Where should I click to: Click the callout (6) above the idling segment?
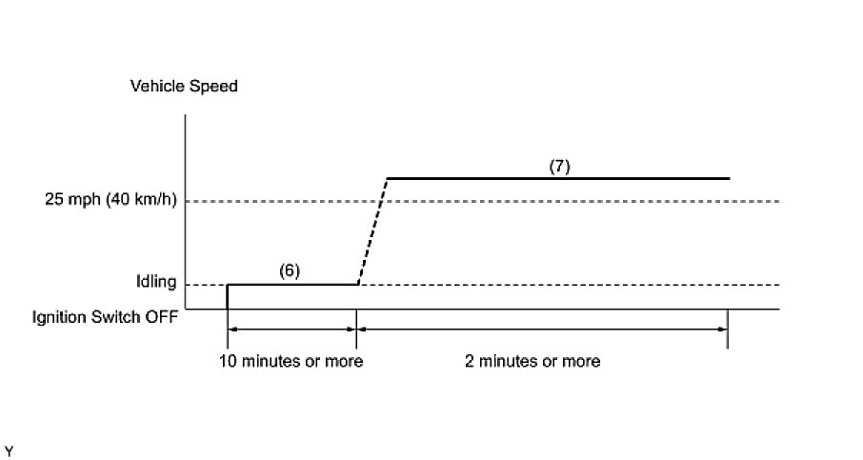coord(290,270)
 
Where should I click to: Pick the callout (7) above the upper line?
coord(559,165)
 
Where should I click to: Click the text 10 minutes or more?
coord(291,361)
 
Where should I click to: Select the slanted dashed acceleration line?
coord(372,231)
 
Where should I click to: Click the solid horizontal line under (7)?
coord(558,178)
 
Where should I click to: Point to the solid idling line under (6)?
coord(291,284)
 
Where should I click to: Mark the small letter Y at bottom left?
coord(9,449)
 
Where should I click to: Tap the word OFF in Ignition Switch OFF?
coord(160,317)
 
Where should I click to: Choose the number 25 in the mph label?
coord(53,201)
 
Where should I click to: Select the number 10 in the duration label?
coord(227,361)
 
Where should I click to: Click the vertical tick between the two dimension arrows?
coord(356,330)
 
